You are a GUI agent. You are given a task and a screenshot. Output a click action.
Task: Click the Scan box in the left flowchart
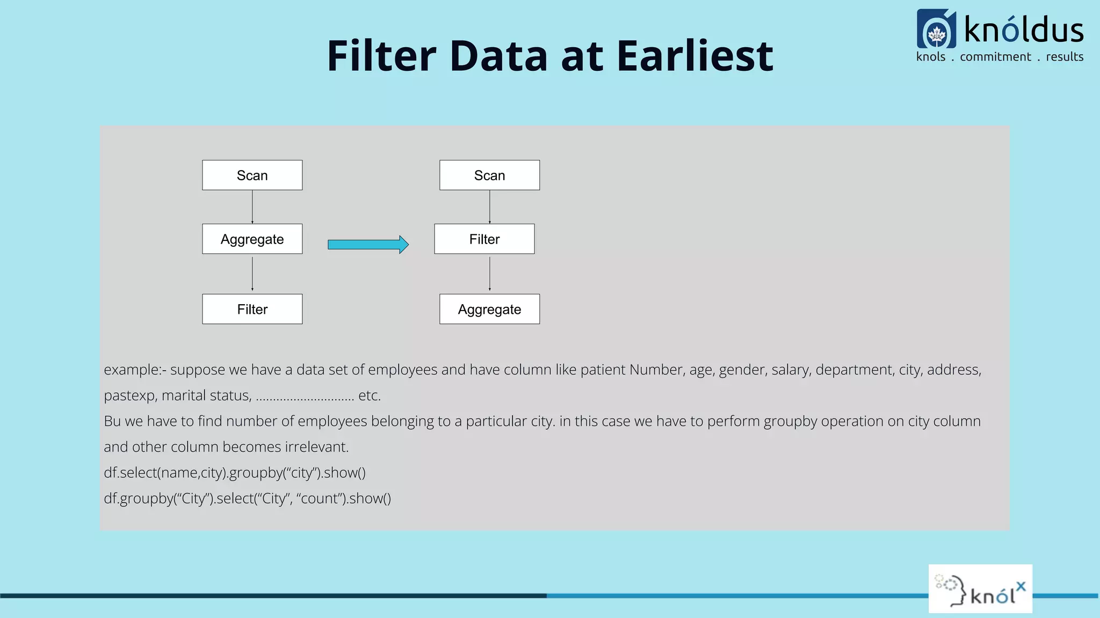pyautogui.click(x=252, y=175)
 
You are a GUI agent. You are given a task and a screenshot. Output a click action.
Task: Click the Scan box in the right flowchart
pyautogui.click(x=489, y=175)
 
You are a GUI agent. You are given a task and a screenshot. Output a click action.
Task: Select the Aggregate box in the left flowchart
pyautogui.click(x=252, y=239)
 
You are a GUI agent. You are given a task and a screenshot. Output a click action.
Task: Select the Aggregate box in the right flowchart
pyautogui.click(x=489, y=309)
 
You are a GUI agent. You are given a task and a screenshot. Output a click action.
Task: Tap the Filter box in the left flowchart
pyautogui.click(x=252, y=309)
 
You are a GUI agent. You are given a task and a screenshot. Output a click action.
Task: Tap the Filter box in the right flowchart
pyautogui.click(x=484, y=239)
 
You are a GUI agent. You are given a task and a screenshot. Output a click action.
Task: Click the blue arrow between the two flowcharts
pyautogui.click(x=368, y=245)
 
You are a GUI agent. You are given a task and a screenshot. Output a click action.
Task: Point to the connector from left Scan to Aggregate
pyautogui.click(x=252, y=207)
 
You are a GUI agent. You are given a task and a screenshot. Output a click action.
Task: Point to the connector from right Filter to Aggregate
pyautogui.click(x=489, y=274)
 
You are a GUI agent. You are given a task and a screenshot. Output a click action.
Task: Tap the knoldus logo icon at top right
pyautogui.click(x=936, y=29)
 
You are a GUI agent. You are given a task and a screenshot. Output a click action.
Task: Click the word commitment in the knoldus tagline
pyautogui.click(x=995, y=57)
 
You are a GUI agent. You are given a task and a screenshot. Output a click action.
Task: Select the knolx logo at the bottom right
pyautogui.click(x=980, y=589)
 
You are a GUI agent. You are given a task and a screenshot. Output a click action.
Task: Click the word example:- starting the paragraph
pyautogui.click(x=135, y=370)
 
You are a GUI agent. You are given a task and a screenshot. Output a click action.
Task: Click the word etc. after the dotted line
pyautogui.click(x=370, y=395)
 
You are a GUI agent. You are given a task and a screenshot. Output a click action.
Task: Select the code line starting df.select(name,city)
pyautogui.click(x=235, y=473)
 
